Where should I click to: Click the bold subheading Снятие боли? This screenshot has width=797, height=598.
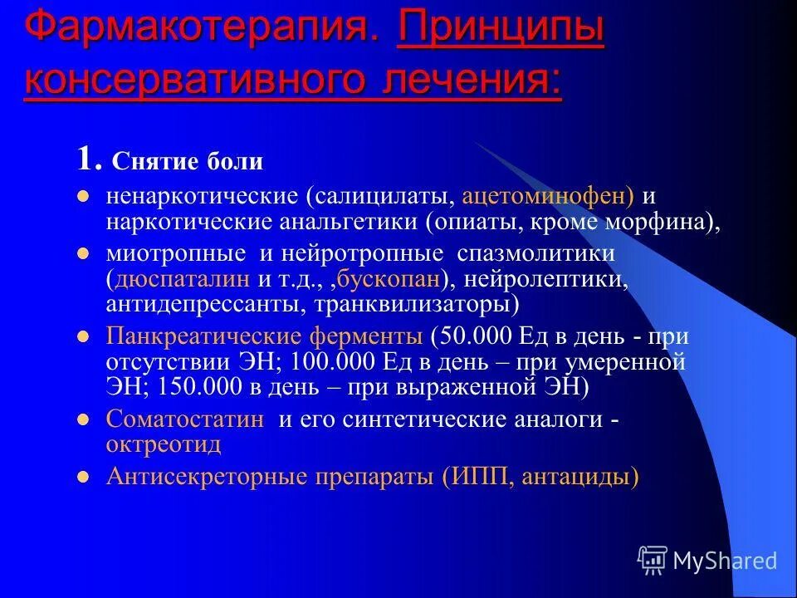click(x=187, y=161)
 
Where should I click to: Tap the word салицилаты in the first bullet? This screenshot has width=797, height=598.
click(x=382, y=198)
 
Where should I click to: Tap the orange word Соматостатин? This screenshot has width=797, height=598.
click(x=185, y=419)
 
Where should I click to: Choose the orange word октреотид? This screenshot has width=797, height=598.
click(x=164, y=444)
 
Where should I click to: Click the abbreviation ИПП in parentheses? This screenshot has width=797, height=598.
click(x=476, y=477)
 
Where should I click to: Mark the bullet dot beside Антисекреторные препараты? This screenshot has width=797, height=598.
click(x=82, y=478)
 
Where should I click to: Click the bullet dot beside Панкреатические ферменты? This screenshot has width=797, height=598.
click(x=82, y=338)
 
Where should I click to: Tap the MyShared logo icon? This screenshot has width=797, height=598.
click(x=653, y=560)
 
